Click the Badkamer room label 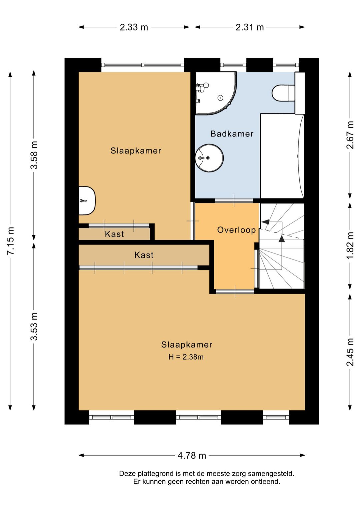coord(232,134)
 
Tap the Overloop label coord(236,230)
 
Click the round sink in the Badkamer coord(209,158)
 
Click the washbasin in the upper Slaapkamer coord(86,200)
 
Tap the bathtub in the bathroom coord(282,156)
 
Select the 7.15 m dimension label coord(10,241)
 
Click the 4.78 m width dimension coord(192,455)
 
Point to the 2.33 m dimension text coord(134,27)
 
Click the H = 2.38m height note coord(186,357)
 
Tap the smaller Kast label coord(114,234)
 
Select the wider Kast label coord(144,255)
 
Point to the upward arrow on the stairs coord(282,238)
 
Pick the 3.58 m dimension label coord(34,155)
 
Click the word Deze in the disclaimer coord(128,474)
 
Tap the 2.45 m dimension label coord(350,352)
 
